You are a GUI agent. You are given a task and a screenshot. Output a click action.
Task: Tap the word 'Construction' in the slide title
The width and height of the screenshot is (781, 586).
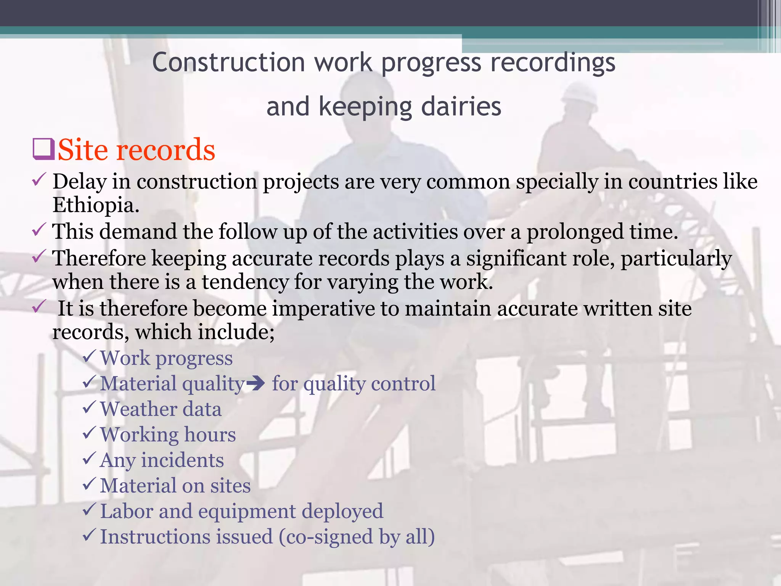pos(228,62)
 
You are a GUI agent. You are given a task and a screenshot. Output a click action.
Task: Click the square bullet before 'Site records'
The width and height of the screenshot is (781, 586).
pos(43,150)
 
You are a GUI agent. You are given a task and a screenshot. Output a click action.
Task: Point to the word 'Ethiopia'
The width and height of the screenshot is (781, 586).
pos(95,205)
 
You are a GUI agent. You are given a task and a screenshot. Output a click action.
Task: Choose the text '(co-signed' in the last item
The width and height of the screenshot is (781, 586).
pos(326,537)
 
